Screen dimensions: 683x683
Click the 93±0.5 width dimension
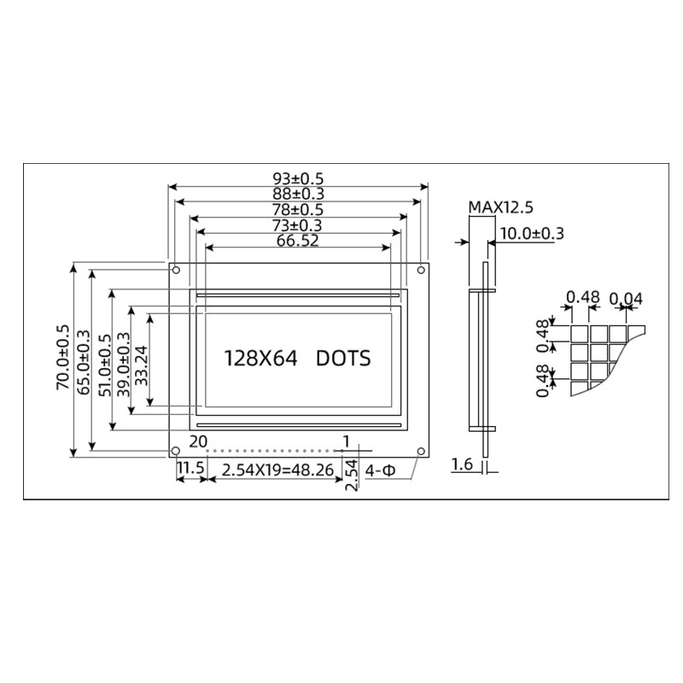point(298,178)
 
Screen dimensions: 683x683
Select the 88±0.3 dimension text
point(298,194)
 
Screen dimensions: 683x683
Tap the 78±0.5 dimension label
point(298,209)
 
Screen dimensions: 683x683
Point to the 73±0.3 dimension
point(298,225)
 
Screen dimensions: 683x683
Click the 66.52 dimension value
point(298,241)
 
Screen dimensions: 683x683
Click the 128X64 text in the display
point(260,359)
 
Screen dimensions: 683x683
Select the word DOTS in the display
point(343,359)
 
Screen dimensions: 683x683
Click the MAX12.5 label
point(500,207)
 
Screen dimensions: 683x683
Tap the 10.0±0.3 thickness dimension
point(531,232)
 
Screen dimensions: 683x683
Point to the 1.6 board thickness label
point(461,464)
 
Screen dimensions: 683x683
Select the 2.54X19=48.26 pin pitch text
point(277,470)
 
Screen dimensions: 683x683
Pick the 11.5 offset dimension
point(190,470)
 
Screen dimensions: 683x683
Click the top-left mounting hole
point(176,271)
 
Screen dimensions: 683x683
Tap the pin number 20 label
point(197,441)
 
